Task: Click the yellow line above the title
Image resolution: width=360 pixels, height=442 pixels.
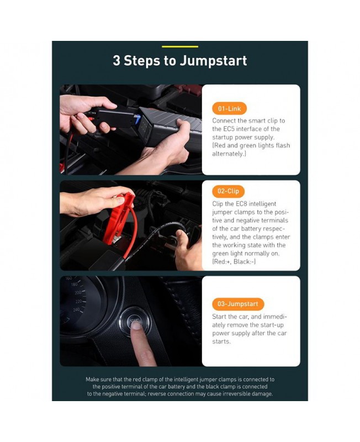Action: (x=179, y=46)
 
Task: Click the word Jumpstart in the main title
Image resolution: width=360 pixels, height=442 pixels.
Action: (x=214, y=61)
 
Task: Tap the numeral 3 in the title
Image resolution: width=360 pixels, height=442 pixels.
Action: (x=117, y=61)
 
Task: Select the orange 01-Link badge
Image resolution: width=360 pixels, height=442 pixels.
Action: (x=229, y=108)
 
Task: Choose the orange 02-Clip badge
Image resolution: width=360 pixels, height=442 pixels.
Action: (x=228, y=191)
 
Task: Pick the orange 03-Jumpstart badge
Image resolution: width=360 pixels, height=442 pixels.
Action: (x=238, y=304)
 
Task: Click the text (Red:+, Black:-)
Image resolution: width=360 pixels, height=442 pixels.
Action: (x=234, y=261)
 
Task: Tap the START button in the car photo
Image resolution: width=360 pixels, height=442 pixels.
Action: (x=135, y=321)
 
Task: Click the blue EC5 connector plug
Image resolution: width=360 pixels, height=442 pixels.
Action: (x=137, y=119)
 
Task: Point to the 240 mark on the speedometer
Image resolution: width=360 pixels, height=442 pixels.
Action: (x=76, y=310)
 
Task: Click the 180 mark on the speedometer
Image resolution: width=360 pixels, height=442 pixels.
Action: (x=74, y=285)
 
